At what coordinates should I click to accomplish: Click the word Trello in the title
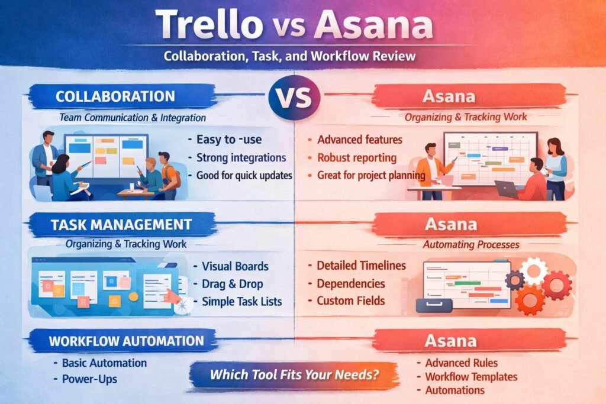click(211, 25)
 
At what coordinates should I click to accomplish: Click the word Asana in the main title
click(373, 25)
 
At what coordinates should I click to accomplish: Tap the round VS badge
click(294, 96)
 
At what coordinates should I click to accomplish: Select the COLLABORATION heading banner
click(115, 96)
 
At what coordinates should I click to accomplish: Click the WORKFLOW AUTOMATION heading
click(127, 341)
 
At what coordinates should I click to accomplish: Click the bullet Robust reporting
click(356, 158)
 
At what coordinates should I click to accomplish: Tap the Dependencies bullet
click(350, 283)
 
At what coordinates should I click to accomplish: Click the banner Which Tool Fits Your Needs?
click(294, 374)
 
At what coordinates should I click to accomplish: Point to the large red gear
click(556, 286)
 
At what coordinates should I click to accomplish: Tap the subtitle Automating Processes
click(471, 244)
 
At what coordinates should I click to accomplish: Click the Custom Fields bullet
click(350, 300)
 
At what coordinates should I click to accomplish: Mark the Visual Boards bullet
click(235, 266)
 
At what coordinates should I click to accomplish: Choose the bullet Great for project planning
click(371, 175)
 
